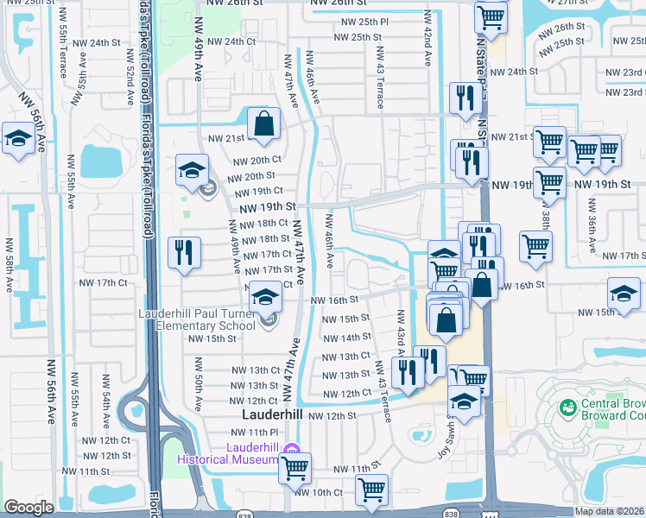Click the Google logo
(x=28, y=508)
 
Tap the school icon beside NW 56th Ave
(x=17, y=139)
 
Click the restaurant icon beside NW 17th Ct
(x=182, y=252)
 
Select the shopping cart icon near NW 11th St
(x=294, y=468)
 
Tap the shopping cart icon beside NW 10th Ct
(x=372, y=490)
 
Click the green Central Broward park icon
(x=567, y=407)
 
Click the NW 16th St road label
(x=333, y=300)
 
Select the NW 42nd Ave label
(x=427, y=39)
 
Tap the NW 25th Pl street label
(x=362, y=21)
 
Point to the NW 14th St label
(x=345, y=338)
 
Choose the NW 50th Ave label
(x=198, y=390)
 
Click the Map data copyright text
(x=608, y=511)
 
